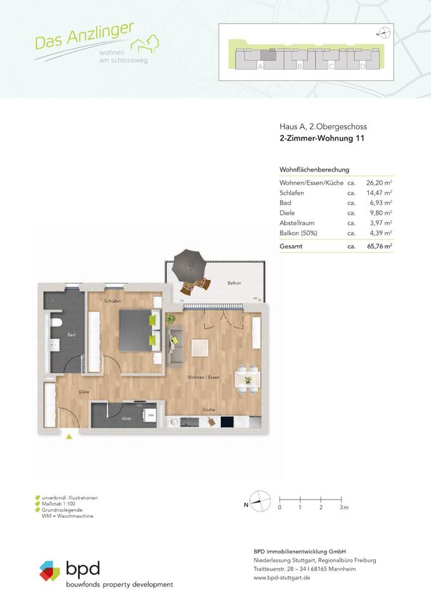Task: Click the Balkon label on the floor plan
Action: point(234,283)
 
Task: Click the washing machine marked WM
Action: point(150,416)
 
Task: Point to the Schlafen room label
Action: point(114,301)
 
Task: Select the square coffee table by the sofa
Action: point(200,348)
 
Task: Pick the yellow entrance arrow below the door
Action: point(69,436)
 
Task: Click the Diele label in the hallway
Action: point(83,392)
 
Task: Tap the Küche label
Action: point(208,410)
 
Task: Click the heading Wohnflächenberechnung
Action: point(314,170)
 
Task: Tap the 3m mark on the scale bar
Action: point(343,508)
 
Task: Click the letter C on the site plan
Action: point(331,66)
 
